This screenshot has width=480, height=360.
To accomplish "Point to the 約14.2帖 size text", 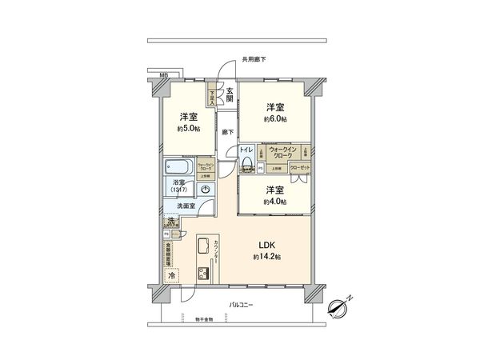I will pos(266,256).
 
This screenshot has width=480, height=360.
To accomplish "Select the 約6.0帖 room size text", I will pos(275,119).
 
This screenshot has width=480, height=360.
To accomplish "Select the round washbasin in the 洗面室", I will pos(206,189).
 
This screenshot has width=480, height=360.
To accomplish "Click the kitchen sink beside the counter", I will pos(202,246).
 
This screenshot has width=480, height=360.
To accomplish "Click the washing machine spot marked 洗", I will pos(171,222).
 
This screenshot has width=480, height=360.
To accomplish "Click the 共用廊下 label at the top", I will pos(254,59).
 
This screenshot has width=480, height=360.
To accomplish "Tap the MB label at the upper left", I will pos(163,75).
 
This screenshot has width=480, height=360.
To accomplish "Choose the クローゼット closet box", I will pos(301,168).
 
